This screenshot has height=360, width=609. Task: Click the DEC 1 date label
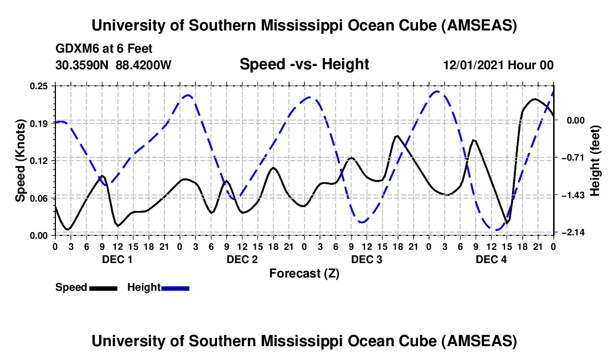[117, 259]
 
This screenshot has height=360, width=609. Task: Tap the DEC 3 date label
[367, 259]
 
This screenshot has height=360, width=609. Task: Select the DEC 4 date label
[491, 259]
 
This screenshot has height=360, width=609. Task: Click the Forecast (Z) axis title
[304, 273]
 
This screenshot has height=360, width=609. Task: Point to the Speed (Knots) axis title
[20, 160]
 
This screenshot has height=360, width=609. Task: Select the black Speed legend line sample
[103, 288]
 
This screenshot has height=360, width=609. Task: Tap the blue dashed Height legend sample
[176, 288]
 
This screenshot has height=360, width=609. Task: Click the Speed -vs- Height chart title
[304, 64]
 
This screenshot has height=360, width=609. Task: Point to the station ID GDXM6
[75, 49]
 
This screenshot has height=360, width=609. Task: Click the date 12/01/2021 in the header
[473, 65]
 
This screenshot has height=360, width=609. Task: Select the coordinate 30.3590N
[82, 65]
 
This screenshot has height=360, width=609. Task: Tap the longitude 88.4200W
[143, 65]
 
